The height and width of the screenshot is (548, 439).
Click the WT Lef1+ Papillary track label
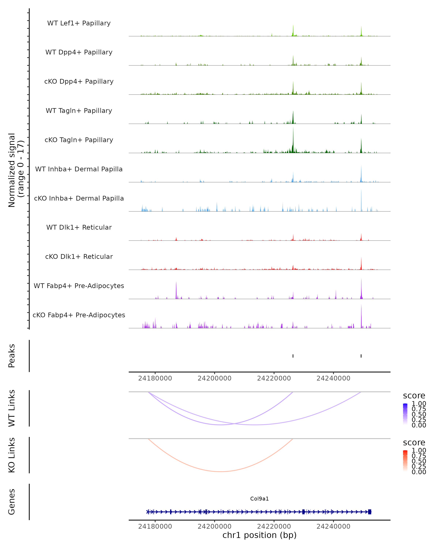click(79, 23)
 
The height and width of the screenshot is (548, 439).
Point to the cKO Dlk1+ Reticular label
click(79, 256)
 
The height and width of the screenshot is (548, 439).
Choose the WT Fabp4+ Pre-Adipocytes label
click(79, 286)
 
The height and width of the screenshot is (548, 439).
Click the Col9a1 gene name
click(259, 499)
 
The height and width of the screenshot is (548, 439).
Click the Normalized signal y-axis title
click(16, 170)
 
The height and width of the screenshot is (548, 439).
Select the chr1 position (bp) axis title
click(259, 535)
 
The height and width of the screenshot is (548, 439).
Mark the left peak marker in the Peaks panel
click(293, 356)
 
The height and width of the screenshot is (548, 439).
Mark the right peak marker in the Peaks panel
click(361, 356)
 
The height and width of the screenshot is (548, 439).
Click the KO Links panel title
click(12, 455)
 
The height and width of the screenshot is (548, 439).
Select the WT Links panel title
click(12, 408)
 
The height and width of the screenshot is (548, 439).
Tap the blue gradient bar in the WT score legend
click(405, 414)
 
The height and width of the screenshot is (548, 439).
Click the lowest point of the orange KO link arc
click(220, 471)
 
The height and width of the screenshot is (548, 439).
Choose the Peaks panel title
click(12, 356)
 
